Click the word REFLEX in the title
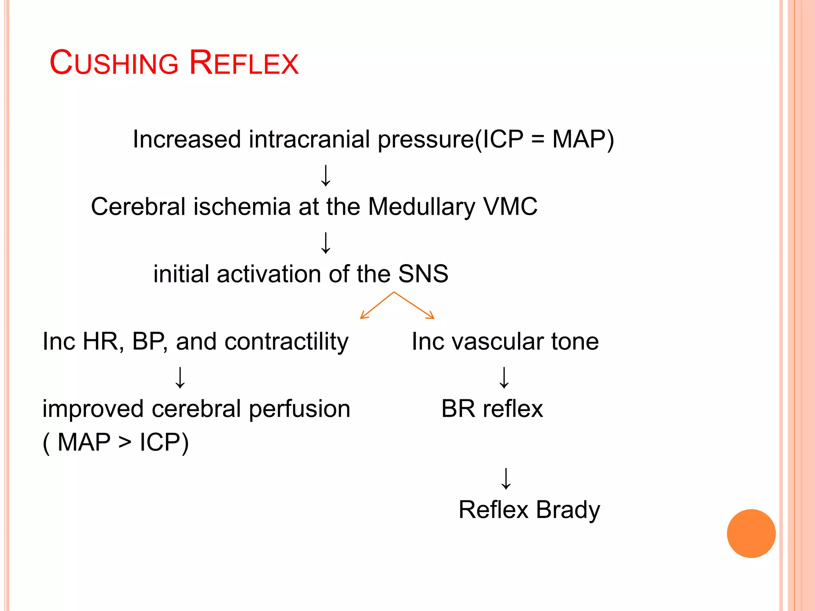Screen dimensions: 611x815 point(244,63)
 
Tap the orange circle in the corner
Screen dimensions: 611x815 point(751,533)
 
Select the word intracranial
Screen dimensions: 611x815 point(310,139)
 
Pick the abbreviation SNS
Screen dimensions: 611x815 point(423,274)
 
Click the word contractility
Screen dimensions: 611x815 point(286,342)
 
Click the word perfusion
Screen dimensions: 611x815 point(299,409)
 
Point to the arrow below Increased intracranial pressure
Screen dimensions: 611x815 point(326,176)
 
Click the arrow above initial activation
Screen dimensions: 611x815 point(326,243)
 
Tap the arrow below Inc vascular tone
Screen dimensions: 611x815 point(504,377)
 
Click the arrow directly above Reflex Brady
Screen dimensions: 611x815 point(506,479)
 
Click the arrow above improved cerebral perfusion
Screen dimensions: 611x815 point(180,377)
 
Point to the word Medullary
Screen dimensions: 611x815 point(421,207)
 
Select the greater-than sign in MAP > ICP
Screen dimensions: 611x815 point(125,443)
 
